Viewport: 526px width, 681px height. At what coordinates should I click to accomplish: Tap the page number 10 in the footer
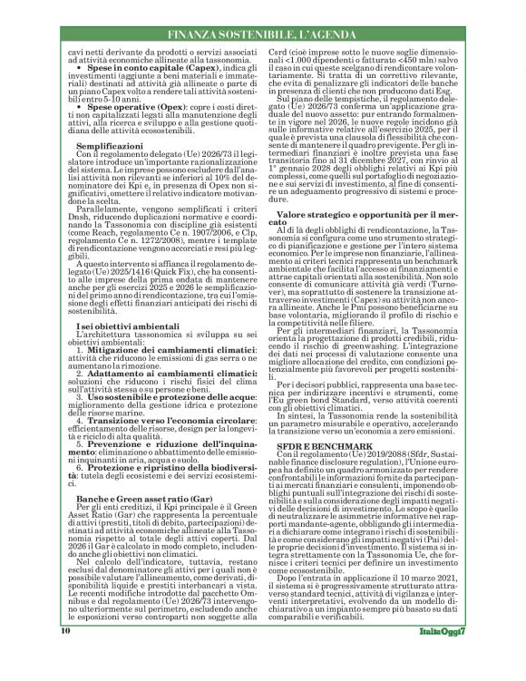point(65,653)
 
